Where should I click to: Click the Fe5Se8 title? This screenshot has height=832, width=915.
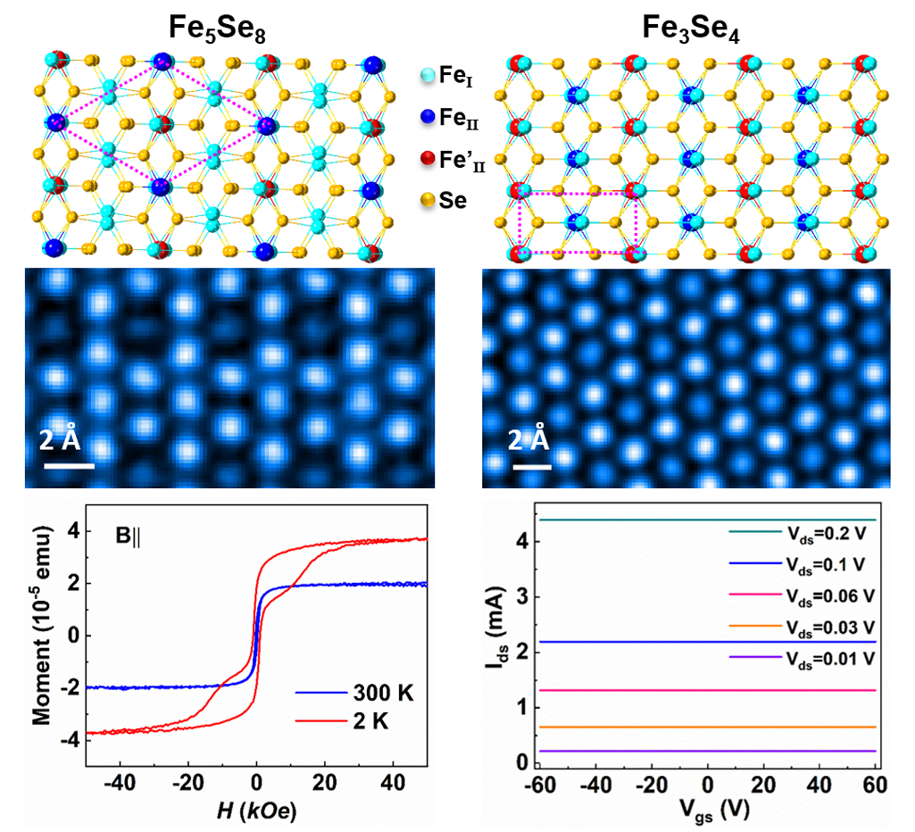coord(217,28)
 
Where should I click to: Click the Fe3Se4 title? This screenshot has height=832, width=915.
coord(691,28)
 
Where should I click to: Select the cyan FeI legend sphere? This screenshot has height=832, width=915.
coord(428,75)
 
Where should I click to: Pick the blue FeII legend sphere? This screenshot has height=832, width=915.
coord(428,117)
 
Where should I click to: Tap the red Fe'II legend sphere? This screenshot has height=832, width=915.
coord(428,158)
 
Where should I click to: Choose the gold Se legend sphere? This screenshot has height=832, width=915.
coord(428,200)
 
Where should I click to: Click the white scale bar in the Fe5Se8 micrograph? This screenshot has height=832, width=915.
coord(69,466)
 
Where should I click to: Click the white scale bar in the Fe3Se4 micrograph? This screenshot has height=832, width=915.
coord(532,467)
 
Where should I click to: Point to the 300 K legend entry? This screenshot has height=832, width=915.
coord(354,693)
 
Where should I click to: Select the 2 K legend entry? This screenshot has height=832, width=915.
coord(342,721)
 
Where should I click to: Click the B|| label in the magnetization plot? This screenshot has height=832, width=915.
coord(129,536)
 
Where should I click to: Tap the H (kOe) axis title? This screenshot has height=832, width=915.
coord(256,811)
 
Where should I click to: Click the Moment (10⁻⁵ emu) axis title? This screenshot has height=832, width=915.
coord(42,626)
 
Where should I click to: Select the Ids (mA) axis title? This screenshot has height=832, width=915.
coord(497,628)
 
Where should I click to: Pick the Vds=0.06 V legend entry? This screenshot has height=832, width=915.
coord(802,596)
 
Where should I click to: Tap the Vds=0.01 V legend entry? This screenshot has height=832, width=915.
coord(802,660)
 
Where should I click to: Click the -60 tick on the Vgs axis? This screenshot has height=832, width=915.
coord(540,785)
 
